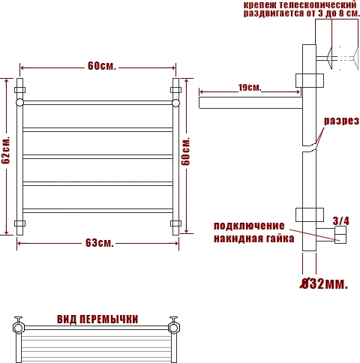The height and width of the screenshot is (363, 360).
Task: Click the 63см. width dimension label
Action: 100,243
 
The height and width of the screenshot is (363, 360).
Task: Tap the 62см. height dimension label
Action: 6,150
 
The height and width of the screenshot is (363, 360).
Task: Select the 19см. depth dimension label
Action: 250,88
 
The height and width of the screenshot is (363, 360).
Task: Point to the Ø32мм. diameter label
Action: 324,283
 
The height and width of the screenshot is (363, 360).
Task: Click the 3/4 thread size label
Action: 341,221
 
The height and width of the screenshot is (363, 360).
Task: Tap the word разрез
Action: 341,121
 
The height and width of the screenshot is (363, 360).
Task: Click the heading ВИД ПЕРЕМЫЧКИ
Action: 97,319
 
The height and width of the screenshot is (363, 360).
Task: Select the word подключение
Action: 249,226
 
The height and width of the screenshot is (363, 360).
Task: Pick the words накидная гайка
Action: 254,238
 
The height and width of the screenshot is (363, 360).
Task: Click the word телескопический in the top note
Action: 317,4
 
